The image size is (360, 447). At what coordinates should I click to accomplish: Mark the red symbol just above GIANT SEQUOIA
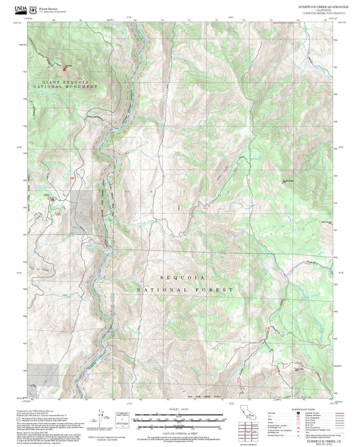65,68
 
